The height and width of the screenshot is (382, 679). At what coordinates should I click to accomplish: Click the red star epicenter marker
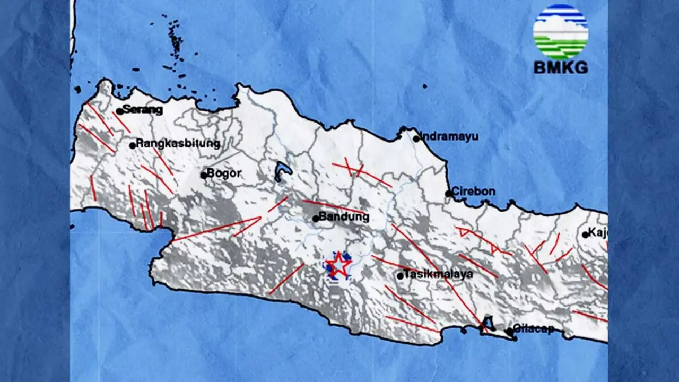pyautogui.click(x=338, y=265)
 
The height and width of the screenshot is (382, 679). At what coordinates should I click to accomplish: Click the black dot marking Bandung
pyautogui.click(x=316, y=218)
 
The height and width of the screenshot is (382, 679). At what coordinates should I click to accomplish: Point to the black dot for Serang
pyautogui.click(x=119, y=111)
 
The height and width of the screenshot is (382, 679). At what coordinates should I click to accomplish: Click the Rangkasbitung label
pyautogui.click(x=178, y=143)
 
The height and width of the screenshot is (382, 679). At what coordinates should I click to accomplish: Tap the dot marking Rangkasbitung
pyautogui.click(x=133, y=145)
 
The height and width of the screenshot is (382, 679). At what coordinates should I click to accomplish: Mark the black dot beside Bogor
pyautogui.click(x=203, y=175)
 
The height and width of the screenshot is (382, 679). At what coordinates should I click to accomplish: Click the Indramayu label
pyautogui.click(x=449, y=137)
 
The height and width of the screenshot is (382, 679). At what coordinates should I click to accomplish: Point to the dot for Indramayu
pyautogui.click(x=416, y=138)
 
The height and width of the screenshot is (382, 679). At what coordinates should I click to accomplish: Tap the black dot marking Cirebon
pyautogui.click(x=449, y=194)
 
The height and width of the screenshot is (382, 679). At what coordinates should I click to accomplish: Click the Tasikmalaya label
pyautogui.click(x=438, y=274)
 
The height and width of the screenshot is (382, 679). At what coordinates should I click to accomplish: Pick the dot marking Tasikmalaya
pyautogui.click(x=401, y=276)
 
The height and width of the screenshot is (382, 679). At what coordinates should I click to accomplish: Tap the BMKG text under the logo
pyautogui.click(x=561, y=68)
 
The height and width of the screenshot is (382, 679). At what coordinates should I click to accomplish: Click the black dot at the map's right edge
pyautogui.click(x=586, y=235)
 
